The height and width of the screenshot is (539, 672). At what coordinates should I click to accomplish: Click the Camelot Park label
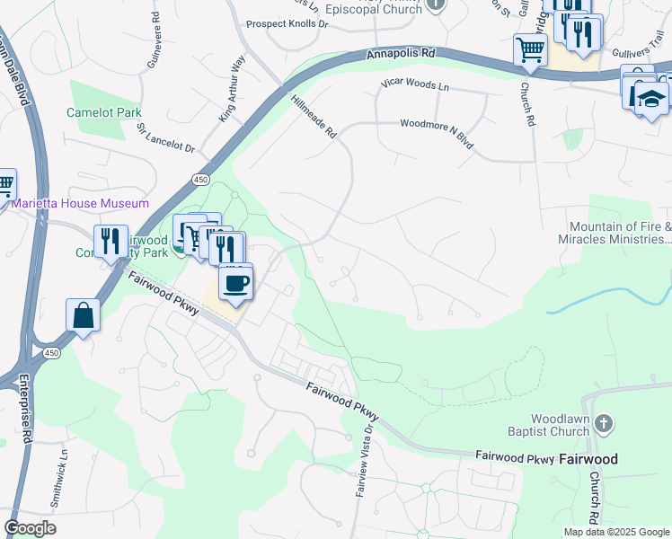click(x=104, y=113)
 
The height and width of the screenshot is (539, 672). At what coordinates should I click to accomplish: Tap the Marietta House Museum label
click(x=80, y=204)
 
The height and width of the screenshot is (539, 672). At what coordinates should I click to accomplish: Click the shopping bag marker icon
click(x=83, y=316)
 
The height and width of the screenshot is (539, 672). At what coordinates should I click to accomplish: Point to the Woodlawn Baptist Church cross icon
click(x=605, y=423)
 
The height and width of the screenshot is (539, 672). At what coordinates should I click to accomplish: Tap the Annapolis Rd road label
click(x=401, y=55)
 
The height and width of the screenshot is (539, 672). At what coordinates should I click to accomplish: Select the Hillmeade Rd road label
click(x=313, y=118)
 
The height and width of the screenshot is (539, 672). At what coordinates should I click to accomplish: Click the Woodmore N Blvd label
click(x=436, y=133)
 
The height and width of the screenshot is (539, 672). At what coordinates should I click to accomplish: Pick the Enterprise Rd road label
click(x=27, y=418)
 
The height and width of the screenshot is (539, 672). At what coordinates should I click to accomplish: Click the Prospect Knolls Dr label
click(x=287, y=24)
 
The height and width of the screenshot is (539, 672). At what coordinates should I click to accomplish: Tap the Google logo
click(x=30, y=527)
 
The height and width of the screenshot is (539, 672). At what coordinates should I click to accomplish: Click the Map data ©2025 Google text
click(x=615, y=532)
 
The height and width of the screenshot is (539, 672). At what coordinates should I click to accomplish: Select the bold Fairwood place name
click(x=588, y=459)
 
